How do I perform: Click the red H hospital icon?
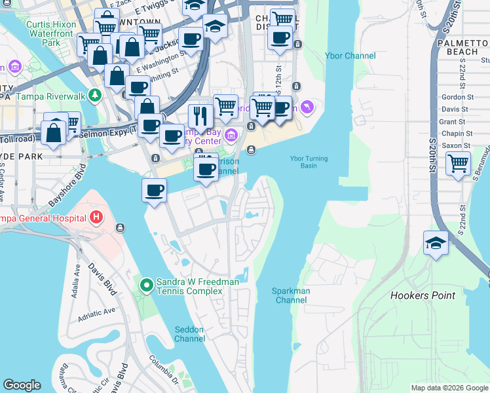96,217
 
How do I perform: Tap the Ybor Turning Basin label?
309,162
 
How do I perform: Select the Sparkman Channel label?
292,295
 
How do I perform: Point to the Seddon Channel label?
189,334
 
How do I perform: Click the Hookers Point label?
423,295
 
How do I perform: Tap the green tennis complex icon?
146,285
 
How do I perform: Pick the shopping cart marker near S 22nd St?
458,163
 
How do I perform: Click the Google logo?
22,385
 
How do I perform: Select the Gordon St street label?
453,96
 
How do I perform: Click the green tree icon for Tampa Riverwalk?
96,96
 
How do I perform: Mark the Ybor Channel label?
350,56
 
